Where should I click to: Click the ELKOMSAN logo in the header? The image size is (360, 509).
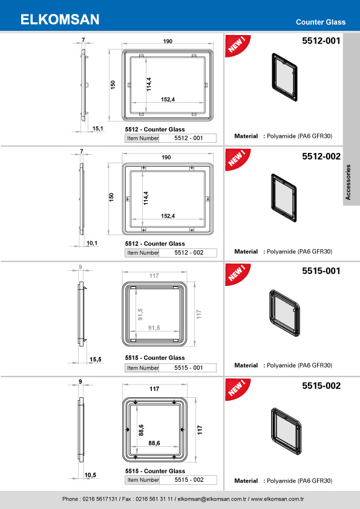tap(60, 20)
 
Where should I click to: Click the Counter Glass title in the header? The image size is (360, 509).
tap(321, 22)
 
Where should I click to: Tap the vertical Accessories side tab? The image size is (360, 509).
tap(349, 181)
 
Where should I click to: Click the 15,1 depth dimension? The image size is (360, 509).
tap(97, 129)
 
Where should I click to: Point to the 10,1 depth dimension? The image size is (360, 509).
tap(93, 242)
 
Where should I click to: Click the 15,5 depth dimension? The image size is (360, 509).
tap(96, 359)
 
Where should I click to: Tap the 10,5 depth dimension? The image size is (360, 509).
tap(91, 475)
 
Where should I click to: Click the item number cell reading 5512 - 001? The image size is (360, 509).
tap(187, 138)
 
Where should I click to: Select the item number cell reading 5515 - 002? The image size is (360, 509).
tap(187, 480)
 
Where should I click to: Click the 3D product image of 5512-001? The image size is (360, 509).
tap(283, 77)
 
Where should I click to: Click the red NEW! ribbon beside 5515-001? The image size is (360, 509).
tap(236, 274)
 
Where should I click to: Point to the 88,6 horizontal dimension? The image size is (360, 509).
tap(154, 443)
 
